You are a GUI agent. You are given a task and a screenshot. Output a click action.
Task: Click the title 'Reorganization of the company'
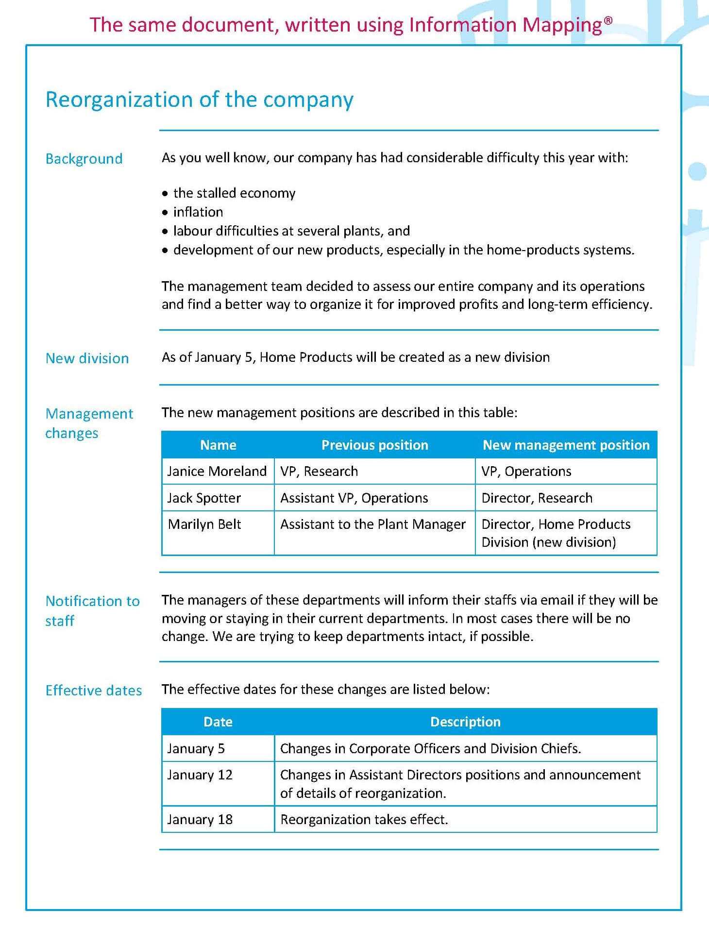(x=199, y=100)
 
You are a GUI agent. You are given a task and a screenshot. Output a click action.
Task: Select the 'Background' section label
(x=84, y=159)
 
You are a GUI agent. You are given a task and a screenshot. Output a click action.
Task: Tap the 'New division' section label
(x=87, y=358)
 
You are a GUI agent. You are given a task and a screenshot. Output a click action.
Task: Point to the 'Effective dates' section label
(x=94, y=691)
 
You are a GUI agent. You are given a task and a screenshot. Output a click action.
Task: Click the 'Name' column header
(x=218, y=445)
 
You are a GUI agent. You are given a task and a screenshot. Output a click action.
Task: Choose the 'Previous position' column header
(x=374, y=445)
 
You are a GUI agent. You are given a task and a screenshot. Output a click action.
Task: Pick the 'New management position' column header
(x=566, y=445)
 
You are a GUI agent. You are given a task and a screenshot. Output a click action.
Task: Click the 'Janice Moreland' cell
(x=217, y=471)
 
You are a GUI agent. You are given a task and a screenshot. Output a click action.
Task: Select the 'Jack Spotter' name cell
(x=204, y=498)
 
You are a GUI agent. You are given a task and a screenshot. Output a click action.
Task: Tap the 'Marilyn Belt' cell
(x=204, y=524)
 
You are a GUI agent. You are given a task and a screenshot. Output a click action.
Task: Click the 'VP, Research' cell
(x=319, y=471)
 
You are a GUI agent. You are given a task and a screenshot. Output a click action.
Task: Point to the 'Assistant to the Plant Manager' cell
(x=372, y=524)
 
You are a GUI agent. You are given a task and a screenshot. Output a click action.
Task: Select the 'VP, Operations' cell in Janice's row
(x=526, y=471)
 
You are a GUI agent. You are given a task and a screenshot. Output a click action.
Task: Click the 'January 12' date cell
(x=200, y=775)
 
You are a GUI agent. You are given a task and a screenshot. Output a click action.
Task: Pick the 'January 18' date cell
(x=200, y=820)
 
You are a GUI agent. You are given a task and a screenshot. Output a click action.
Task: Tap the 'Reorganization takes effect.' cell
(x=364, y=820)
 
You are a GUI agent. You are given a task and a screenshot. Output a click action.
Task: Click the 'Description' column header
(x=465, y=722)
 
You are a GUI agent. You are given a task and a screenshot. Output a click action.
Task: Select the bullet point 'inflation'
(x=198, y=212)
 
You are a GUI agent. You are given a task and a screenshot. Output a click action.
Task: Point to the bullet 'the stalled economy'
(x=234, y=193)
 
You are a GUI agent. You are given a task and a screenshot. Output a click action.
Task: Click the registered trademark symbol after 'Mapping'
(x=608, y=20)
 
